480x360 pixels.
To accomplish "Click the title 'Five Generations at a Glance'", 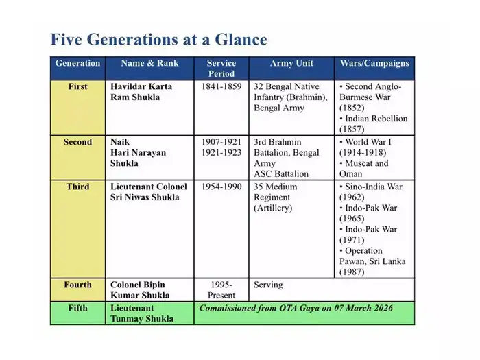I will pos(158,38).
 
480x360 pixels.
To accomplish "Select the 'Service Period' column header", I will pos(221,68).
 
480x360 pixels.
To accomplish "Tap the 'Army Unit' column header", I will pos(291,63).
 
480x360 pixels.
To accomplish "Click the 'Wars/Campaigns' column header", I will pos(374,63).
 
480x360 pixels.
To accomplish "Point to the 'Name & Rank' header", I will pos(149,63).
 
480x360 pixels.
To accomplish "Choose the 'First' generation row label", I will pos(77,87).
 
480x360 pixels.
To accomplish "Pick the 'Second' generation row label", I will pos(77,142).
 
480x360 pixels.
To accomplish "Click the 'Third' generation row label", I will pos(77,187).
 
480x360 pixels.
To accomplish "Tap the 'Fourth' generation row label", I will pos(77,285).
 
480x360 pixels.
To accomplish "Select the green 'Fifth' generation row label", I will pos(77,309).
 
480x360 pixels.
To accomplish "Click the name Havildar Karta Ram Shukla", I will pos(141,92).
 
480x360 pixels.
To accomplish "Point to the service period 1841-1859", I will pos(221,87).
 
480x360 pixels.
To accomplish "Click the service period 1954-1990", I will pos(221,187).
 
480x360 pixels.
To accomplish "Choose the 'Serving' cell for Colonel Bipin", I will pos(268,285).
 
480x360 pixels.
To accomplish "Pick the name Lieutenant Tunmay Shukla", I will pos(142,313).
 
